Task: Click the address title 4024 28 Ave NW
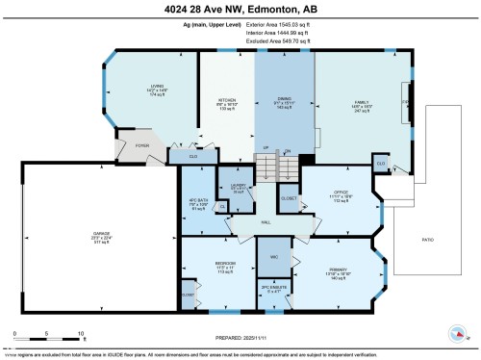click(240, 11)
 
